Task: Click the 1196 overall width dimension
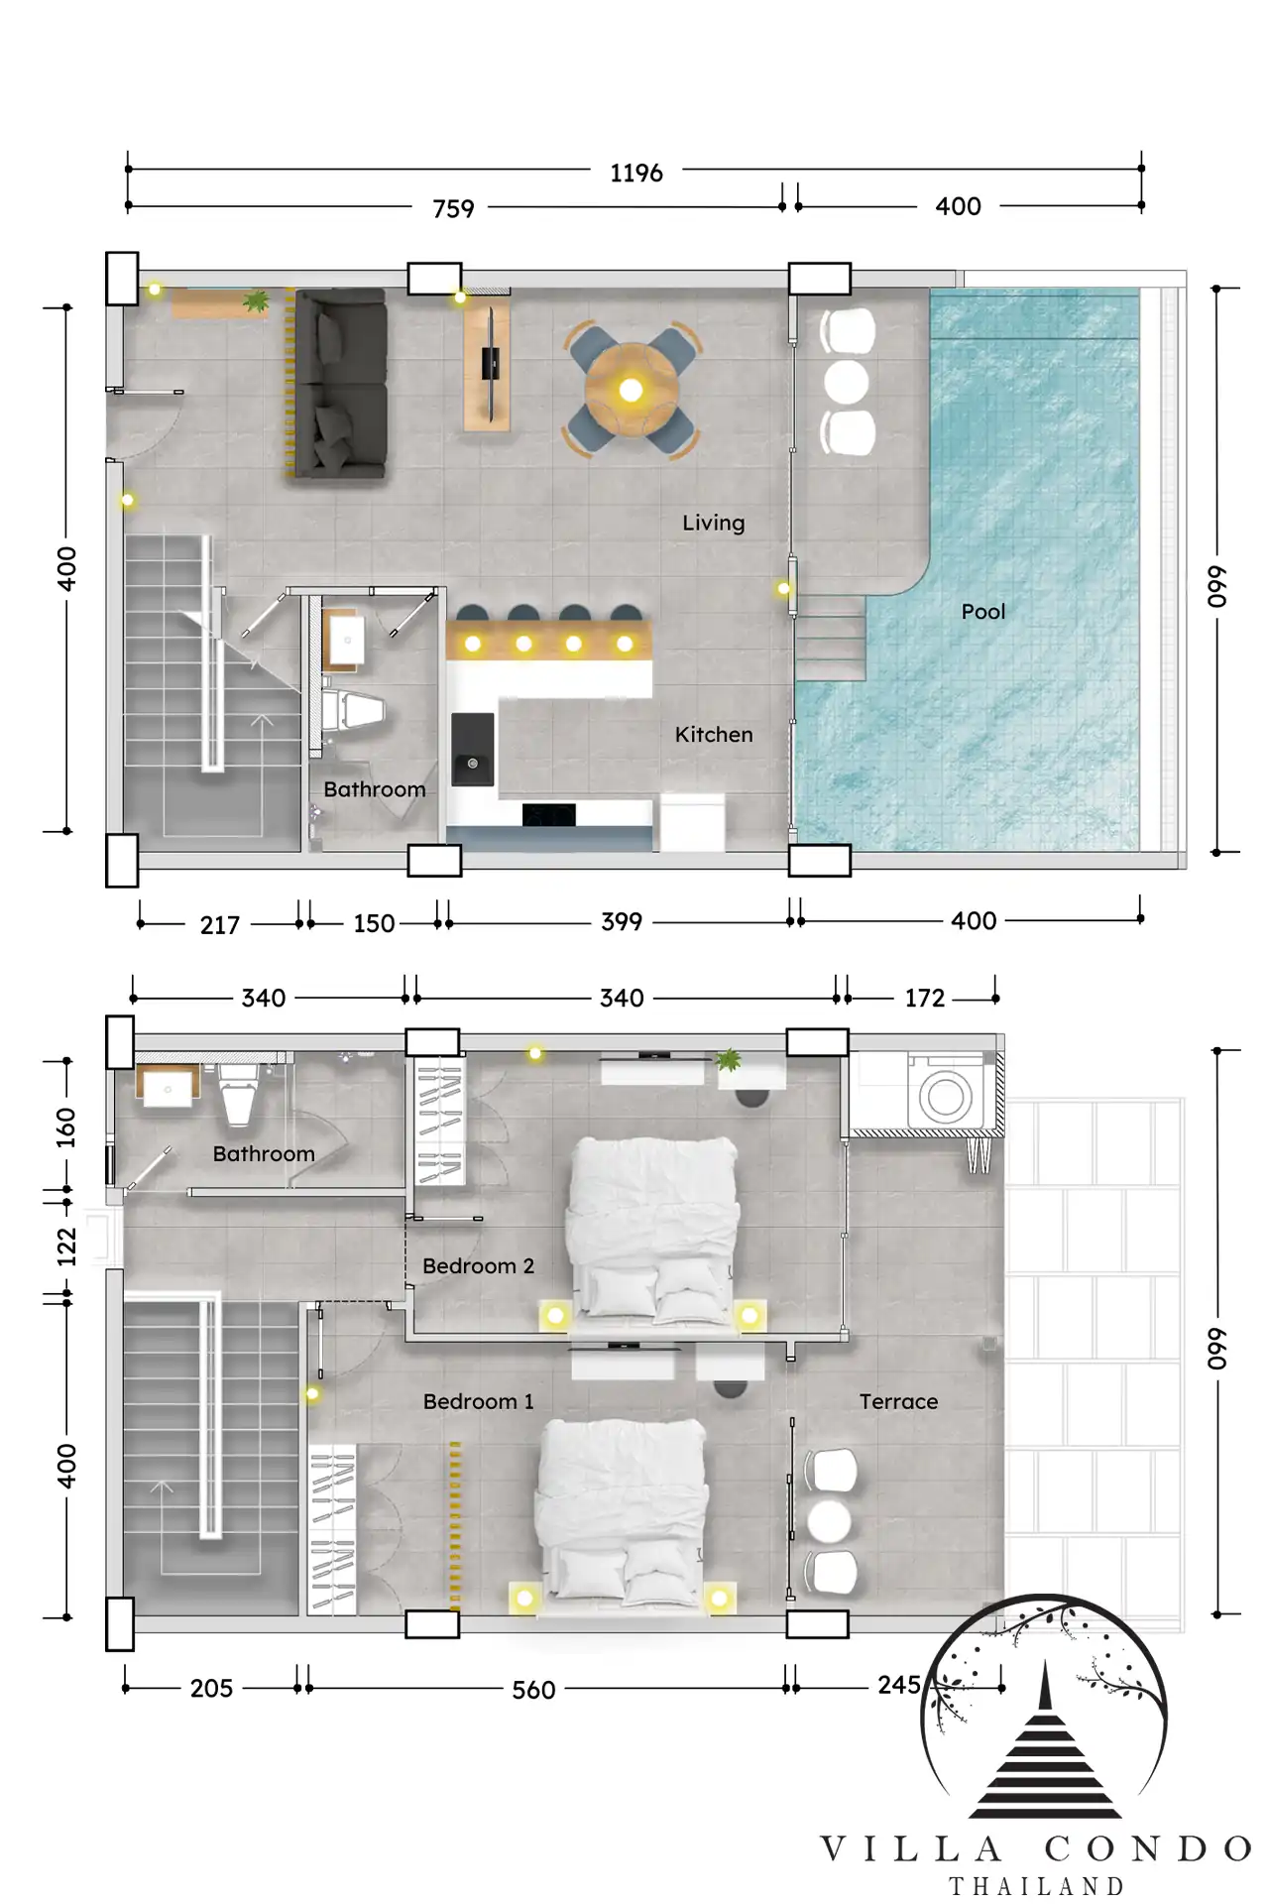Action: [635, 174]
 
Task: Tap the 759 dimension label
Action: [453, 209]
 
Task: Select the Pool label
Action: [983, 612]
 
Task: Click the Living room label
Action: [713, 523]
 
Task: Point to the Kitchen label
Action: [714, 735]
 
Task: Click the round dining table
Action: [631, 389]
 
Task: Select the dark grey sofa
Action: [337, 385]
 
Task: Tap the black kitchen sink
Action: [473, 750]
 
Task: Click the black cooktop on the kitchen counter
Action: [548, 814]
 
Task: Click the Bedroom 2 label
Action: [478, 1266]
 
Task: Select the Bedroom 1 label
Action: [478, 1401]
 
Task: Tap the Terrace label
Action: [898, 1401]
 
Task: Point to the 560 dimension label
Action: [533, 1690]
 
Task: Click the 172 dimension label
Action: [925, 999]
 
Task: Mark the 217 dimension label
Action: [219, 925]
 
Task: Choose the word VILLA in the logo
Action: [911, 1848]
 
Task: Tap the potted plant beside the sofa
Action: [256, 300]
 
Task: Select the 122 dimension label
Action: [66, 1247]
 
